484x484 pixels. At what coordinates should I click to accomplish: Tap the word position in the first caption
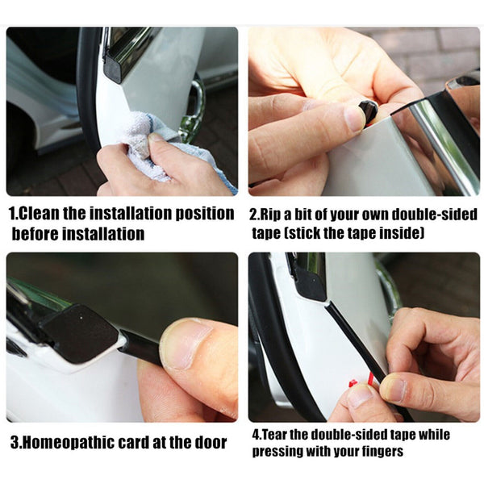tap(202, 215)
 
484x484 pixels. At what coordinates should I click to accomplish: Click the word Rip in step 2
tap(277, 215)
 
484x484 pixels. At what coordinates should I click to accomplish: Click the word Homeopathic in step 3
tap(77, 443)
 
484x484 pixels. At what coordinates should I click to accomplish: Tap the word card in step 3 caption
tap(152, 443)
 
